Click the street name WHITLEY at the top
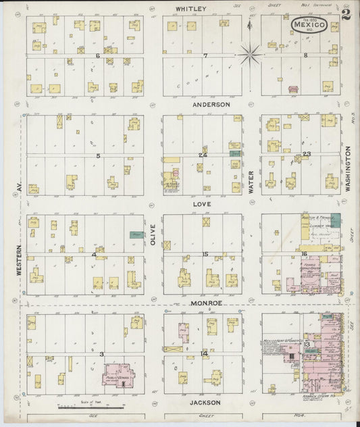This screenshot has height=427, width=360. [x=190, y=9]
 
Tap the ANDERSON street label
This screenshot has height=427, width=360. [x=211, y=105]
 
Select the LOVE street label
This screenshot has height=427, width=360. [x=203, y=203]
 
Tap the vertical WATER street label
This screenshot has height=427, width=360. [x=251, y=182]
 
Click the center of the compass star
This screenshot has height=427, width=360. [x=251, y=52]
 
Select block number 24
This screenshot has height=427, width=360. [x=202, y=155]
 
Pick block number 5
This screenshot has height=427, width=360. [x=98, y=156]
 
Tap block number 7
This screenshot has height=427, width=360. [x=205, y=55]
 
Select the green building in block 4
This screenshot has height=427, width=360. [x=138, y=234]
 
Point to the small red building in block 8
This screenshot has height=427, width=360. [x=293, y=89]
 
